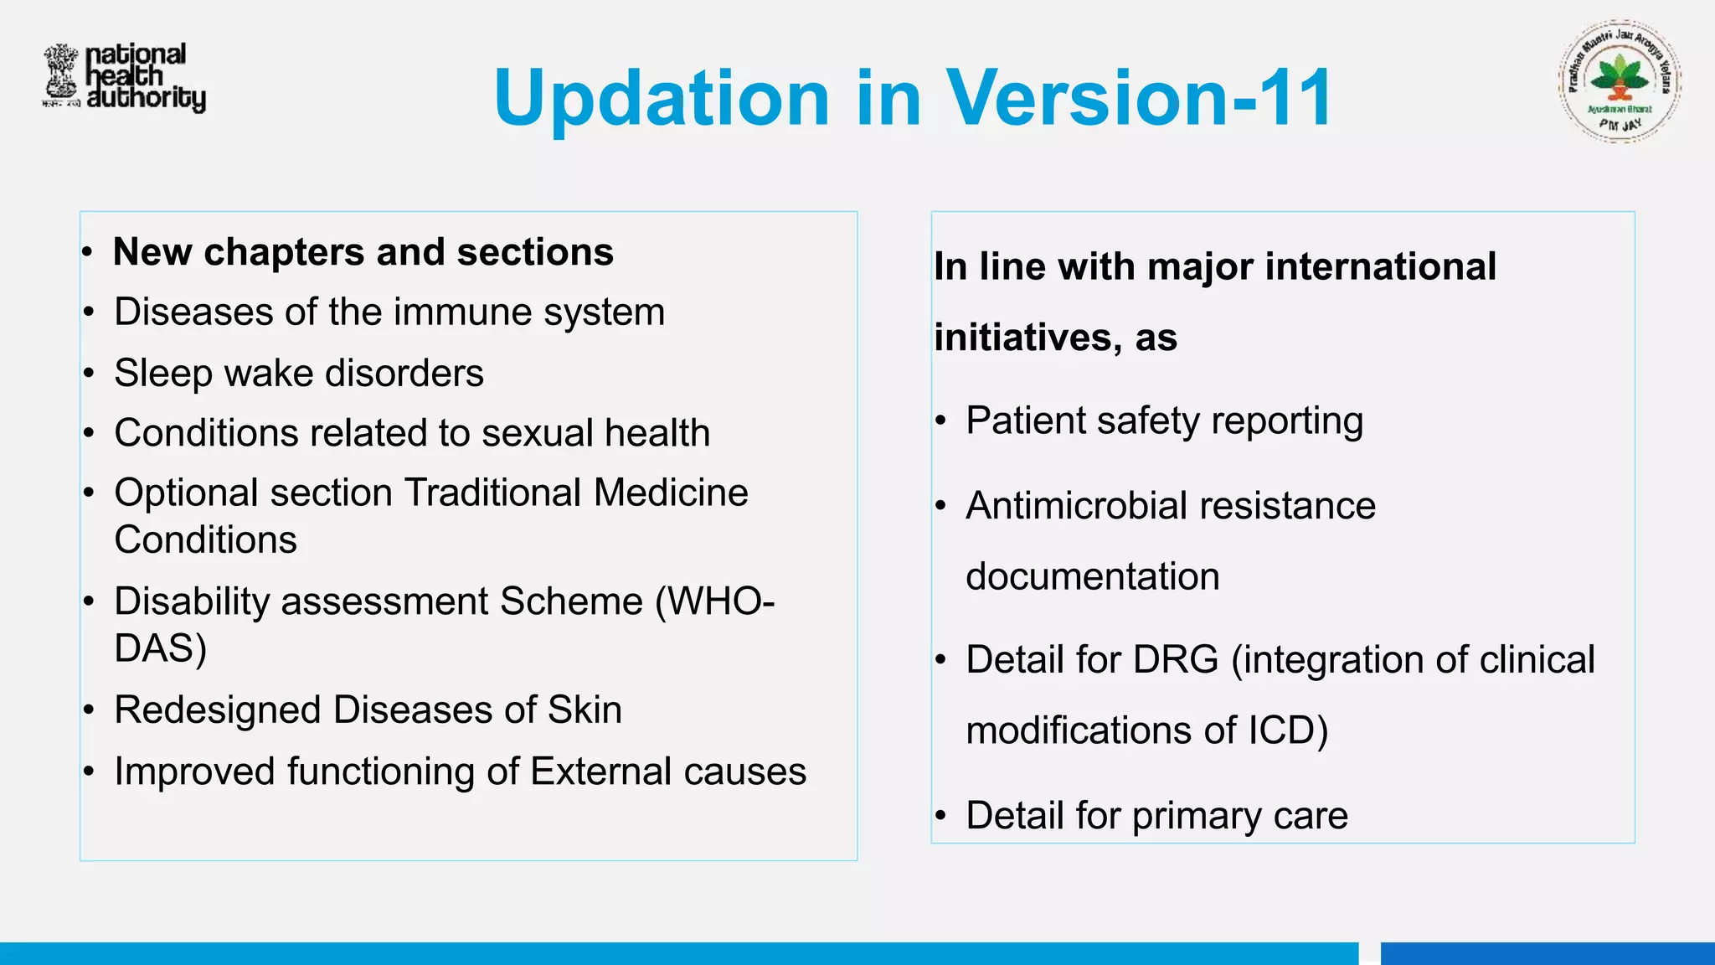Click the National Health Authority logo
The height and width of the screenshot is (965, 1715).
124,77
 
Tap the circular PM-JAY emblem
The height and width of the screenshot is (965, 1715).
1620,82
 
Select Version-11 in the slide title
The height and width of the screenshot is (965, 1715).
1140,99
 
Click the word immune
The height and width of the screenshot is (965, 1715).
464,312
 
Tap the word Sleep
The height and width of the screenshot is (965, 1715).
162,374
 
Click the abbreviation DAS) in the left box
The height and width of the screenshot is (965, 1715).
160,648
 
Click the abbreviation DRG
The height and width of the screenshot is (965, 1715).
1176,660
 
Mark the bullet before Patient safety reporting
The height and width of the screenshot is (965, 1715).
941,421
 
